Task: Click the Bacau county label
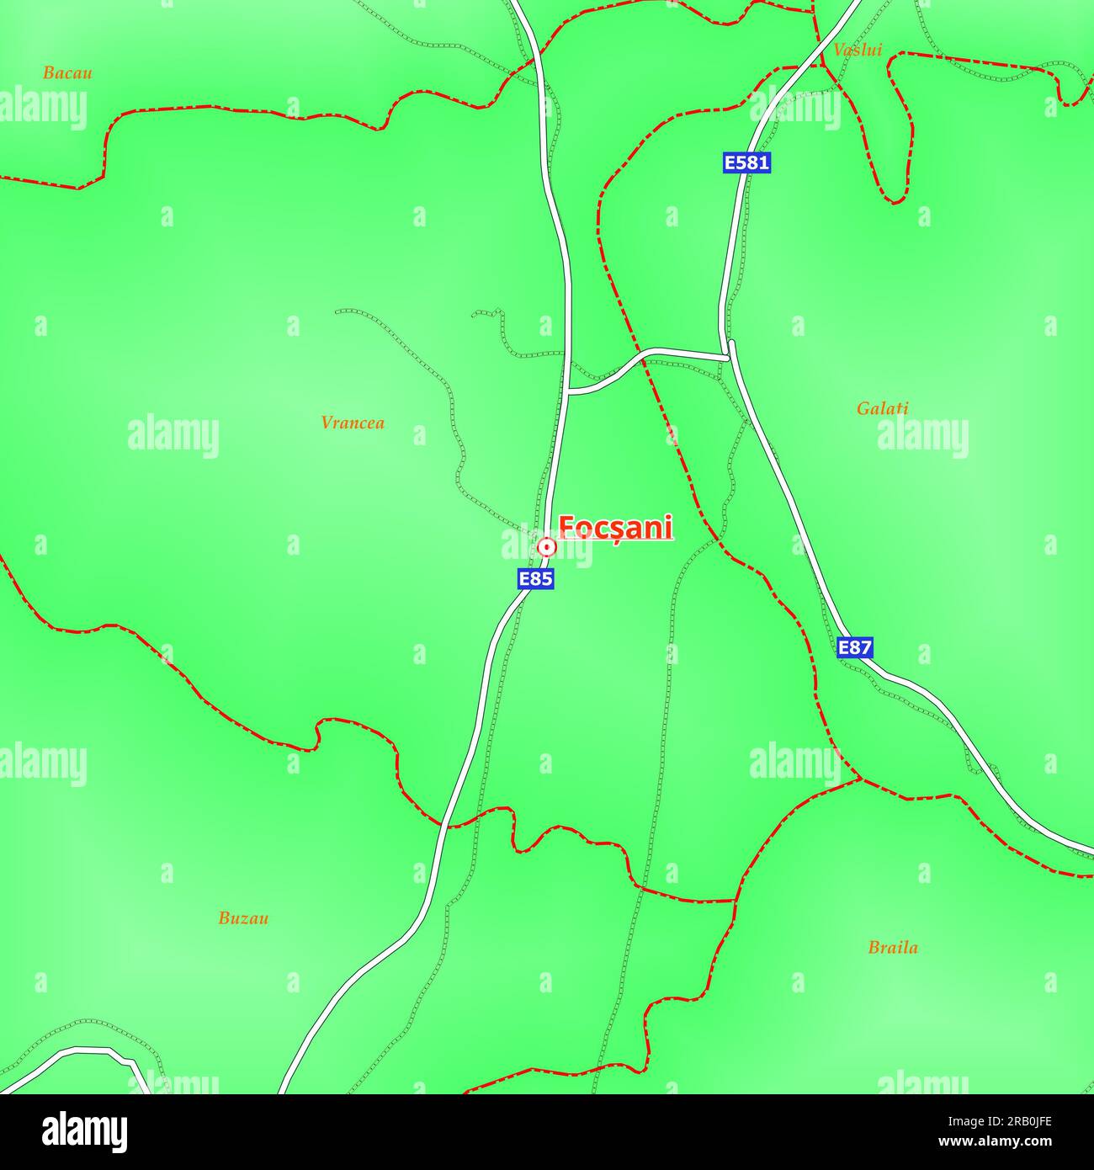[x=67, y=73]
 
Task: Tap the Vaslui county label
[x=858, y=50]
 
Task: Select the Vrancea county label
[x=353, y=423]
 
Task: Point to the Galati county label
[x=882, y=408]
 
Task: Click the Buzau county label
[x=243, y=918]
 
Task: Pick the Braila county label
[x=893, y=948]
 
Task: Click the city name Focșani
[x=616, y=528]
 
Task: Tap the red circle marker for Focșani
[x=547, y=547]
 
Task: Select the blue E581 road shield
[x=746, y=162]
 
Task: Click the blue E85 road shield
[x=535, y=579]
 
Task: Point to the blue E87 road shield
[x=855, y=647]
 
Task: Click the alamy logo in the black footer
[x=84, y=1132]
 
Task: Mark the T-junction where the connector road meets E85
[x=569, y=391]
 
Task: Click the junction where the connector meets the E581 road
[x=729, y=357]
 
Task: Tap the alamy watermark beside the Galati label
[x=923, y=438]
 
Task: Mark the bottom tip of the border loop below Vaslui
[x=895, y=202]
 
